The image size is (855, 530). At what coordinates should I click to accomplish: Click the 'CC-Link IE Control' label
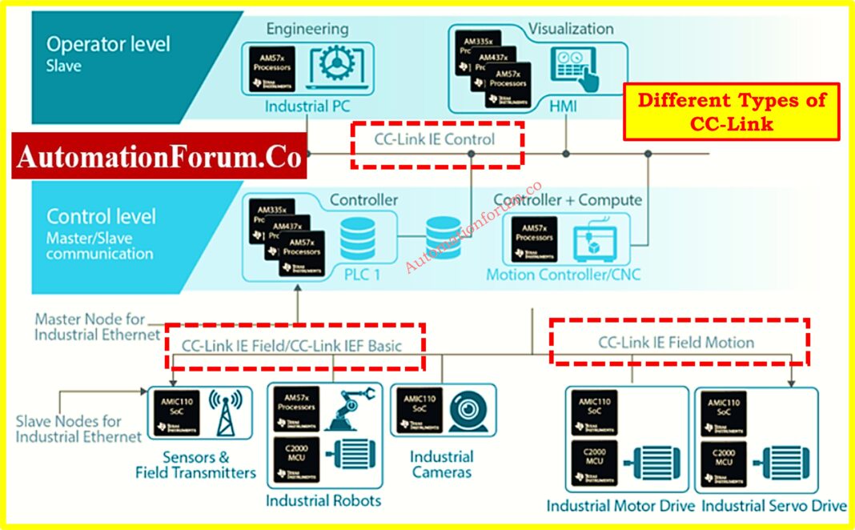[435, 139]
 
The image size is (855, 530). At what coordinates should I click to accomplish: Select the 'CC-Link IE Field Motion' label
[676, 343]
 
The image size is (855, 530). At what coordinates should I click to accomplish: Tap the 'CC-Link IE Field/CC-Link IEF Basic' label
[292, 346]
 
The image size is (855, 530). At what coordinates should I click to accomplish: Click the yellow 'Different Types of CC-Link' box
[732, 112]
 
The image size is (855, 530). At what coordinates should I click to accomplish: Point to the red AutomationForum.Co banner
[159, 158]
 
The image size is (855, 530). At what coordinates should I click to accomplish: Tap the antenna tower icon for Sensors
[226, 412]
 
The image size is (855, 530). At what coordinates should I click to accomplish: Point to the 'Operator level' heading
[108, 44]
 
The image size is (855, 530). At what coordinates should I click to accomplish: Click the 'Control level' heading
[101, 216]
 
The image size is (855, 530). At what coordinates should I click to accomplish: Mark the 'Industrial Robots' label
[323, 500]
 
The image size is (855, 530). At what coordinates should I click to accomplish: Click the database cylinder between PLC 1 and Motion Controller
[443, 236]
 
